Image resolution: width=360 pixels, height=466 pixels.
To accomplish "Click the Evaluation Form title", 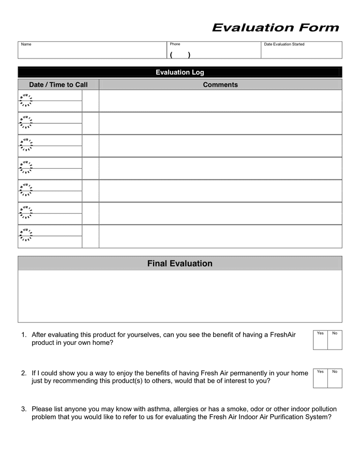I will coord(275,28).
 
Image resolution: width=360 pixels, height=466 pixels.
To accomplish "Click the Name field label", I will coord(26,45).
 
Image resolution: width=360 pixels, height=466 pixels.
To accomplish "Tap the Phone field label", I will coord(175,45).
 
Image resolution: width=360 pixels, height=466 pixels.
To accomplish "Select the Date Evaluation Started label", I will coord(284,45).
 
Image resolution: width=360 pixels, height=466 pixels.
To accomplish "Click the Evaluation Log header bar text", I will coord(179,72).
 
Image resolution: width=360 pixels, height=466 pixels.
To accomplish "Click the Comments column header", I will coord(220,84).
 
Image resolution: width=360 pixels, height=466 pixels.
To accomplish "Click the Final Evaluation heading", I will coord(179,264).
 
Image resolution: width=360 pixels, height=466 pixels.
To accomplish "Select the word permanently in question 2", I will coord(248,373).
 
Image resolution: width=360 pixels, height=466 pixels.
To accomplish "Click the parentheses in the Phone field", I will coord(179,55).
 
